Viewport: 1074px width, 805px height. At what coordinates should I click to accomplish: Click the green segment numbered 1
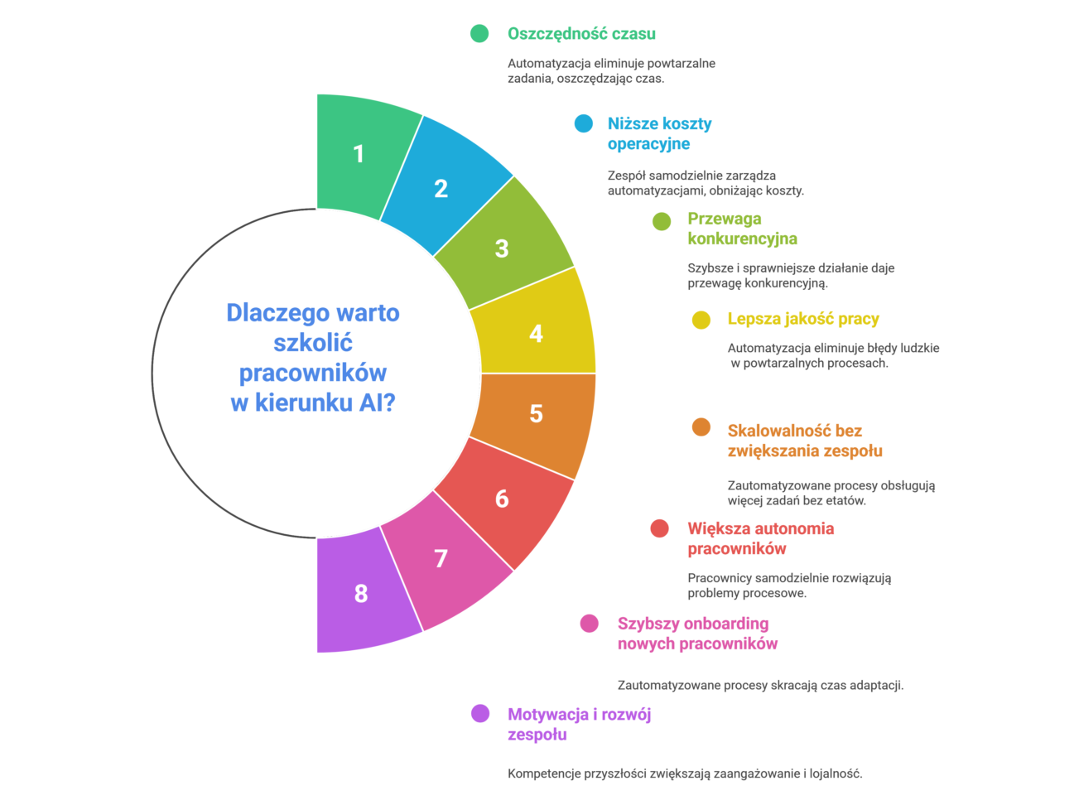coord(359,154)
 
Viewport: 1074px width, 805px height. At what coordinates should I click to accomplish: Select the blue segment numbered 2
coord(441,189)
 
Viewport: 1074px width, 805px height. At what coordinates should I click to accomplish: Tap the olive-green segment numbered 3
coord(502,248)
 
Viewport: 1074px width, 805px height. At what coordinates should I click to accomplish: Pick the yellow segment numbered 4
coord(536,333)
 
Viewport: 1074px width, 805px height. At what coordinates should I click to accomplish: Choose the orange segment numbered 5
coord(536,413)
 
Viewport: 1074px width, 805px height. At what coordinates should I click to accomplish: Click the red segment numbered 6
coord(502,499)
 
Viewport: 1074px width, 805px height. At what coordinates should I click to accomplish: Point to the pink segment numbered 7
coord(441,558)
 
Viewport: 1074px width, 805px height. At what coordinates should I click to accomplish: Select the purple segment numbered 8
coord(361,593)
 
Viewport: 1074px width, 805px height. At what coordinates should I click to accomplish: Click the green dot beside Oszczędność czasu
coord(479,33)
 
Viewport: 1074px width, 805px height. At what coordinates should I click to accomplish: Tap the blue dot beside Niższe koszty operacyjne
coord(584,123)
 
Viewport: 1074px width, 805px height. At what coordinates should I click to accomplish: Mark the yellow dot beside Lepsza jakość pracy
coord(701,320)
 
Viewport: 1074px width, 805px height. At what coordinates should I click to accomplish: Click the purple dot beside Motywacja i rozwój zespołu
coord(480,713)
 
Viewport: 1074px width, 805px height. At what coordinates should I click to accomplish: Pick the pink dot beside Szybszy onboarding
coord(590,623)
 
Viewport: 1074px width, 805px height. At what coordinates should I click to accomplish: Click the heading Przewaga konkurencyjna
coord(742,229)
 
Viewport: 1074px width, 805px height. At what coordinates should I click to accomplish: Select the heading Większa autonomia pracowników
coord(760,538)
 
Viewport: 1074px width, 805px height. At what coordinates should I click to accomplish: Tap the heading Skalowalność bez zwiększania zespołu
coord(804,441)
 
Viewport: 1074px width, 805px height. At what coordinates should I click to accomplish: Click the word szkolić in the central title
coord(313,343)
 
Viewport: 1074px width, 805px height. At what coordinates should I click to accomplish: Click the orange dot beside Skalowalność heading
coord(701,427)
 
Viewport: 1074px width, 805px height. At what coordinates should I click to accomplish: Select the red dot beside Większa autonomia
coord(660,528)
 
